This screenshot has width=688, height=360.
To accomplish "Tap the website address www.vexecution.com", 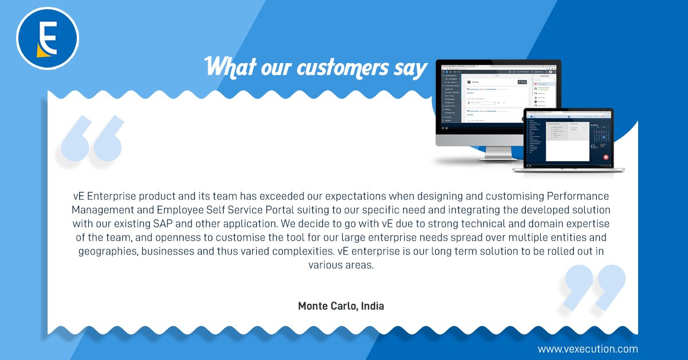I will [588, 349].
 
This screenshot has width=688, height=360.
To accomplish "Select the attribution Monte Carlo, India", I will [341, 306].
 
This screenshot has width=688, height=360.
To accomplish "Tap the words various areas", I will [341, 265].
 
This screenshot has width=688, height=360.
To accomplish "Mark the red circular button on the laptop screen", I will [605, 156].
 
